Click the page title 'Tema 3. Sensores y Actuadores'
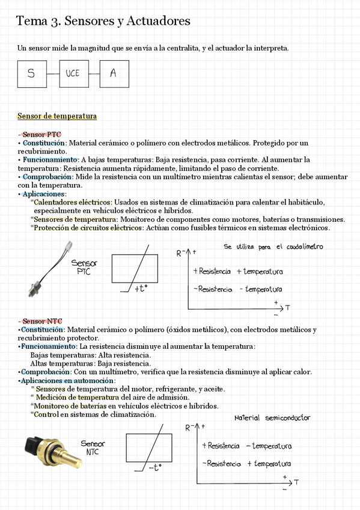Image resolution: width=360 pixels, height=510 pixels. pyautogui.click(x=103, y=21)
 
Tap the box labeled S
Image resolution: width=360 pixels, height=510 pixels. pyautogui.click(x=31, y=74)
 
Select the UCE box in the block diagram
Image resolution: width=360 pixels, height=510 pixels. pyautogui.click(x=72, y=74)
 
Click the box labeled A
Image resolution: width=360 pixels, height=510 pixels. pyautogui.click(x=114, y=74)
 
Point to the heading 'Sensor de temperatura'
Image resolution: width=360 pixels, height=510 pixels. pyautogui.click(x=57, y=116)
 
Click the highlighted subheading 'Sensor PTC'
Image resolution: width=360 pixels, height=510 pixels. pyautogui.click(x=41, y=134)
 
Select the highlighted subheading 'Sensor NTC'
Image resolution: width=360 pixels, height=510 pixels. pyautogui.click(x=41, y=321)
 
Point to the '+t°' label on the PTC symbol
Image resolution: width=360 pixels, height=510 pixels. pyautogui.click(x=141, y=289)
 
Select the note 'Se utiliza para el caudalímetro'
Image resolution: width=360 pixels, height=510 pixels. pyautogui.click(x=273, y=247)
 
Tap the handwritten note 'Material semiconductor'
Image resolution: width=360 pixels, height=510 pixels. pyautogui.click(x=272, y=417)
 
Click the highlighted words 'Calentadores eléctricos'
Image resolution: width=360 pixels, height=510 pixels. pyautogui.click(x=72, y=203)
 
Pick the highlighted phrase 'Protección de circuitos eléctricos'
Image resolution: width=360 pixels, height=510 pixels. pyautogui.click(x=88, y=228)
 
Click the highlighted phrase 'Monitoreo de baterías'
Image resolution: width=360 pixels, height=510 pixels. pyautogui.click(x=68, y=406)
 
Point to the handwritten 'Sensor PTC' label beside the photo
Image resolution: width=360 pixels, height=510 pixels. pyautogui.click(x=84, y=267)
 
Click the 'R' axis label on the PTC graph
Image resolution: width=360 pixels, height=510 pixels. pyautogui.click(x=179, y=253)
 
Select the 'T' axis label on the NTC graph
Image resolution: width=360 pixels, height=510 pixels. pyautogui.click(x=296, y=482)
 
